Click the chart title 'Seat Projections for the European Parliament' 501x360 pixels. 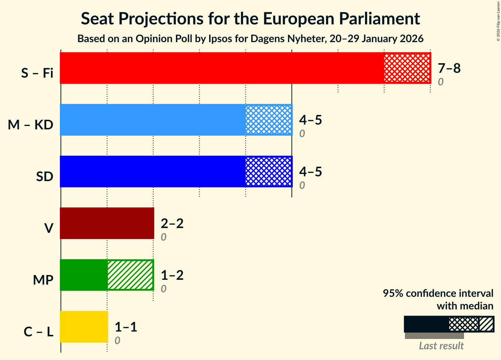250,19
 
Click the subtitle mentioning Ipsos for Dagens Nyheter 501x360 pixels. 250,39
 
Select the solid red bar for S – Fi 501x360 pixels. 222,68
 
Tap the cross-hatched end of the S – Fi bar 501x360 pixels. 407,68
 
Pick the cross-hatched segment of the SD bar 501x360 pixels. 269,171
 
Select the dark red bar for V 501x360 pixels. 107,223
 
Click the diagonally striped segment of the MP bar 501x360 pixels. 130,275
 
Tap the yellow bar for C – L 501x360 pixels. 84,327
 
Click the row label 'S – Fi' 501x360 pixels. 37,73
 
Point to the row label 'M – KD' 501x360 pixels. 31,125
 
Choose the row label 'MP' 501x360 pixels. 43,280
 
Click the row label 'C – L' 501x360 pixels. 39,332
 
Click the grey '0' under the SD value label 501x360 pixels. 302,186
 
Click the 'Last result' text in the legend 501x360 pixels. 441,346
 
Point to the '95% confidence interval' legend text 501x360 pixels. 438,293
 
